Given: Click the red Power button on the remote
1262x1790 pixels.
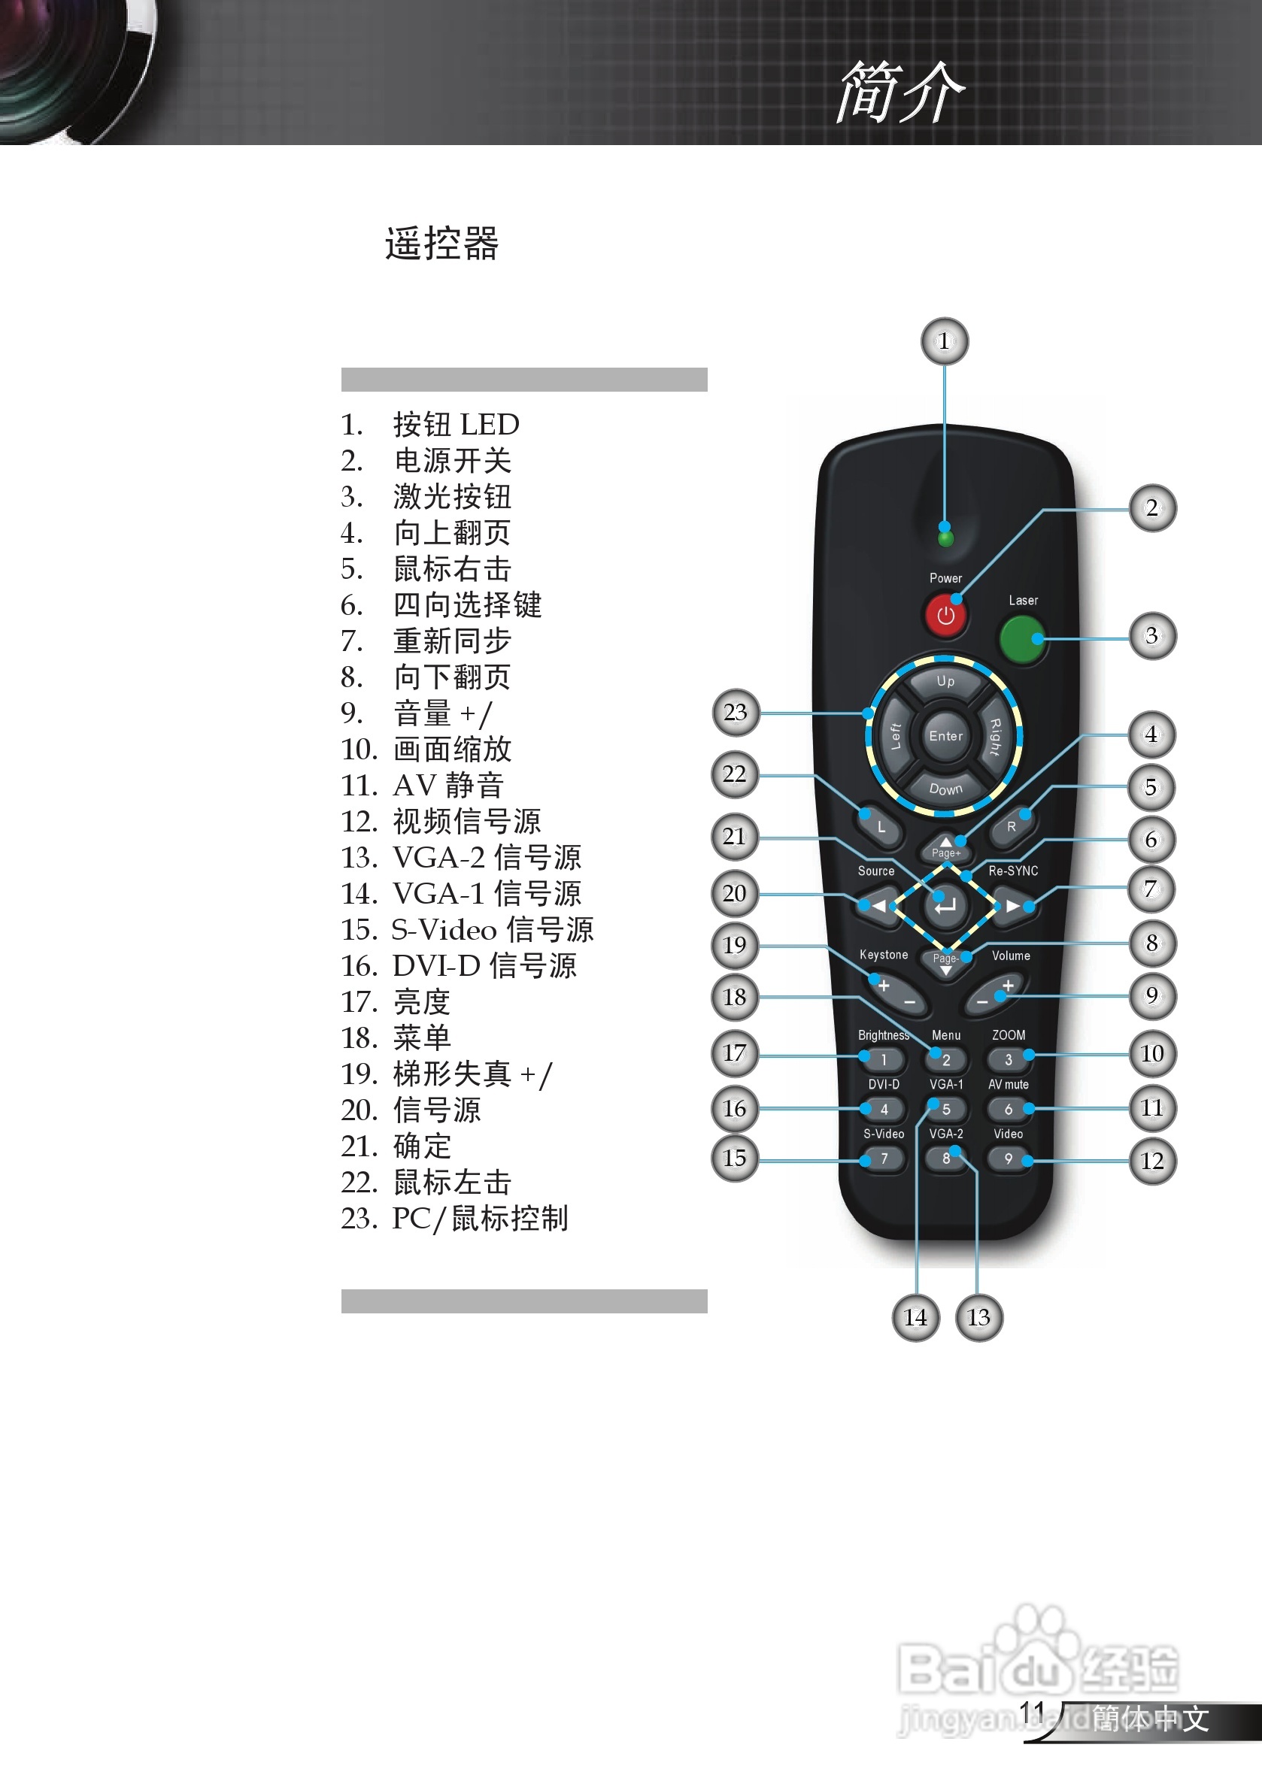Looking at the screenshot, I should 945,615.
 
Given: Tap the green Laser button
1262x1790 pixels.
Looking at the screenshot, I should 1022,639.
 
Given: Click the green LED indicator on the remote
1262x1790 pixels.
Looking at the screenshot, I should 945,539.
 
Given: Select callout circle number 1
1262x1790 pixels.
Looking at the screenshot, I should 945,341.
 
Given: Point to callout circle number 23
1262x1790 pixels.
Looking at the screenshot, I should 736,712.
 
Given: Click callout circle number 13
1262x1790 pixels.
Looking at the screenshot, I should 979,1318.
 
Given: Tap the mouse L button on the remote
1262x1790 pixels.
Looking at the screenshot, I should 881,827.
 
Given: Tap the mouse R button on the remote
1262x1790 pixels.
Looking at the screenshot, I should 1011,827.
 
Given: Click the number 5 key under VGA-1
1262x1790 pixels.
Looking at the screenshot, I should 946,1110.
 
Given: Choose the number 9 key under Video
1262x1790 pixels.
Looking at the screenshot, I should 1009,1159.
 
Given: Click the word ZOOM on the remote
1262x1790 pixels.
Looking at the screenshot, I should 1009,1035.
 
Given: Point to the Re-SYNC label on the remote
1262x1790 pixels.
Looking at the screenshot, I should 1013,871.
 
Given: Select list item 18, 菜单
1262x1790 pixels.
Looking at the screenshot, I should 421,1037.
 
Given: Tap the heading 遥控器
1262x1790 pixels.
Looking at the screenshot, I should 441,244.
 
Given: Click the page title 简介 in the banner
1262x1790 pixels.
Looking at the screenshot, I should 901,92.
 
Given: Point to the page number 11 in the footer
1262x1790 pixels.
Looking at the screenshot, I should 1032,1712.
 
